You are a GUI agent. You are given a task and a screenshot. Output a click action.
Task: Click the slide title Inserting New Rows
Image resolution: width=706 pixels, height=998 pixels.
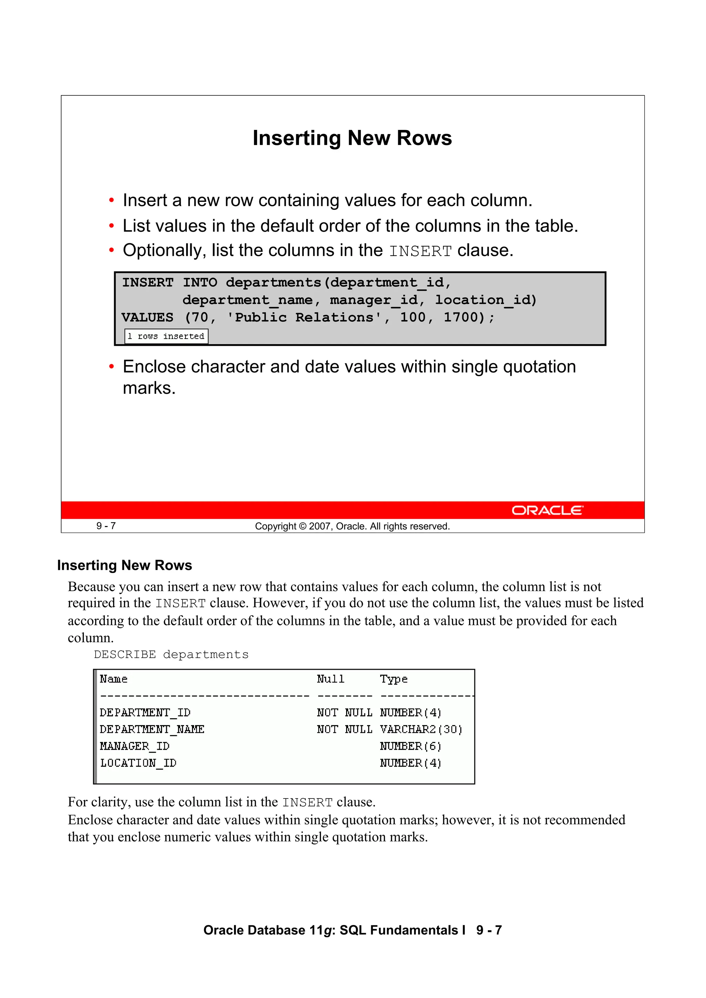pos(352,138)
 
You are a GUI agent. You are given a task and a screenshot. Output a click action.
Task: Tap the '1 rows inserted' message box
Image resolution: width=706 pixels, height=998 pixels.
pos(166,337)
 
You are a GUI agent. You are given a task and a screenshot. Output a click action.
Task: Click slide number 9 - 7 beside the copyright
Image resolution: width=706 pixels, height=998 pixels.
pos(106,526)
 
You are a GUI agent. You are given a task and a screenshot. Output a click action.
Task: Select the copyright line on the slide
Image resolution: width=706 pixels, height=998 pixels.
pos(352,526)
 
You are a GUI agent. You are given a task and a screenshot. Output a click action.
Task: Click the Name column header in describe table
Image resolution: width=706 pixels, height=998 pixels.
pos(113,679)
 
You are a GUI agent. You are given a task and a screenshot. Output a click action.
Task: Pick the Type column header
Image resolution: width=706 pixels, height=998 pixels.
pos(393,679)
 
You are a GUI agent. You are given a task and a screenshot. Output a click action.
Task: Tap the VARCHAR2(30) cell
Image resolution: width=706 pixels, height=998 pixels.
pos(421,729)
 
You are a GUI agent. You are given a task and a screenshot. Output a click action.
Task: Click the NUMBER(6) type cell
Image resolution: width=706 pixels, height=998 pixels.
pos(410,746)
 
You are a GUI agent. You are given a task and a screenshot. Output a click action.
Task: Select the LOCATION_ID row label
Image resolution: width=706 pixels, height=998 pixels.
pos(138,763)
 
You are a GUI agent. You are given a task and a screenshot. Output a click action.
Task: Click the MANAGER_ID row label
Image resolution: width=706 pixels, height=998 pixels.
pos(134,746)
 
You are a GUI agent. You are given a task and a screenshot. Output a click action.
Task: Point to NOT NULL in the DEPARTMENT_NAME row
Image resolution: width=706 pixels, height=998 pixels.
pos(344,729)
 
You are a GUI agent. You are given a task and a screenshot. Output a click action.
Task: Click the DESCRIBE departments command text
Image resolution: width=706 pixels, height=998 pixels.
pos(171,655)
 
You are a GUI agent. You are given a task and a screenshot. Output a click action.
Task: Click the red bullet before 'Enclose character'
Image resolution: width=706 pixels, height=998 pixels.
pos(111,367)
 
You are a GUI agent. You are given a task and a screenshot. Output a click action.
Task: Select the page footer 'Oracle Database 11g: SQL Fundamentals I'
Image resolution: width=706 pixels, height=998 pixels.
pos(334,930)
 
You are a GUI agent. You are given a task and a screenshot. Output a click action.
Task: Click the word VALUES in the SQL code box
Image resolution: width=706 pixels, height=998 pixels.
pos(147,317)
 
